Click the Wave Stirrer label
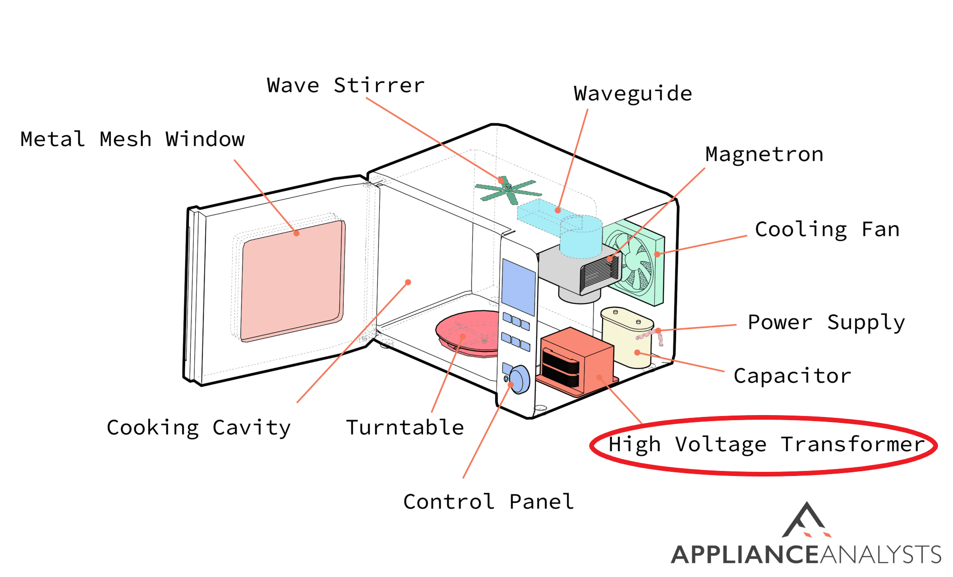tap(346, 86)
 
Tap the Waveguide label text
tap(633, 94)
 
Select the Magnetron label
tap(764, 154)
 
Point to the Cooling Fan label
tap(827, 230)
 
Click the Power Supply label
tap(826, 322)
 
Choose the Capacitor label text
tap(792, 376)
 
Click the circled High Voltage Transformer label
tap(766, 445)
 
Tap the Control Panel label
tap(489, 502)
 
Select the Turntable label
tap(405, 428)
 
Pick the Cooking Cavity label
tap(199, 428)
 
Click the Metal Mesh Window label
tap(133, 139)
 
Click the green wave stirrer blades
tap(508, 190)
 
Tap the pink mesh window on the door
tap(292, 280)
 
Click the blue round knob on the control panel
tap(519, 379)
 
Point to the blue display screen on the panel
tap(518, 287)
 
